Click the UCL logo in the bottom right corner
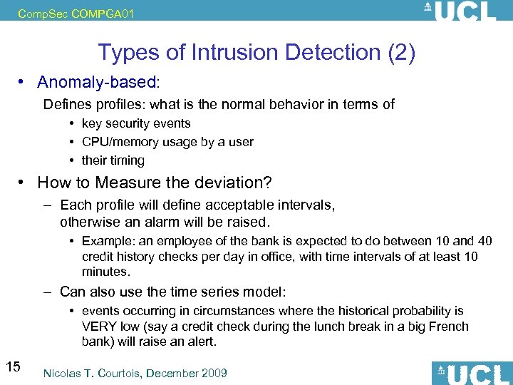pyautogui.click(x=472, y=373)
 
